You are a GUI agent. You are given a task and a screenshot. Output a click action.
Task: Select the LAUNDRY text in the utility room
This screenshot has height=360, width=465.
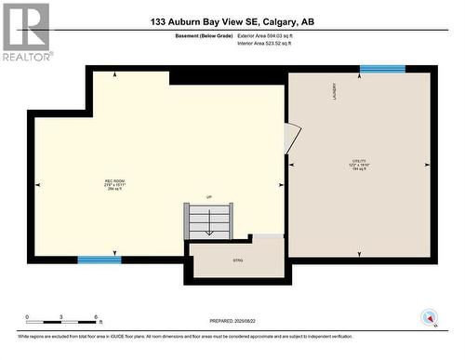(334, 91)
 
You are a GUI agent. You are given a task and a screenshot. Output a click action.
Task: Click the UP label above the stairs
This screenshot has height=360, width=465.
(210, 197)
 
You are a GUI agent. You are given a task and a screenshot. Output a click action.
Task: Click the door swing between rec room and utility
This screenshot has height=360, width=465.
(292, 139)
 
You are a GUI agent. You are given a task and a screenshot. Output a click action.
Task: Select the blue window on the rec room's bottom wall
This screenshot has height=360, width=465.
(100, 260)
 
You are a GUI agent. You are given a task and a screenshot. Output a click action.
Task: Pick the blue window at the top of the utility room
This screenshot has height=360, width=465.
(382, 69)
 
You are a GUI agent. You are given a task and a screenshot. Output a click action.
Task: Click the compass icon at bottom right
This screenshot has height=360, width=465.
(429, 317)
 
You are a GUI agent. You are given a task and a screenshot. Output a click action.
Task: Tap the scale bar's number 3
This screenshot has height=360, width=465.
(60, 317)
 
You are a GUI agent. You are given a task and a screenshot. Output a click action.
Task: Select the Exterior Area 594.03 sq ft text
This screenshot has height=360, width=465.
(271, 34)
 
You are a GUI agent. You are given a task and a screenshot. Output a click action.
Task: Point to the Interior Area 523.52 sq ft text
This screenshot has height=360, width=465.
(270, 43)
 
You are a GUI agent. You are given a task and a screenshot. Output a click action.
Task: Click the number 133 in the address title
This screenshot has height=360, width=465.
(159, 20)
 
